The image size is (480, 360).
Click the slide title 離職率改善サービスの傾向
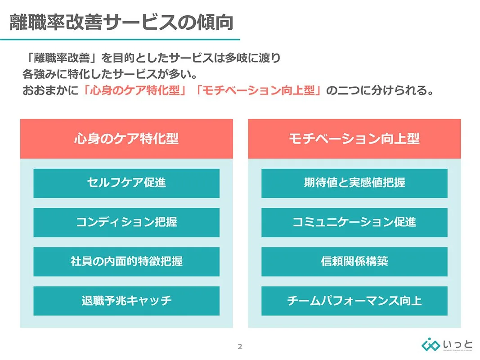(x=121, y=22)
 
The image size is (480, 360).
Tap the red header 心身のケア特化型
(x=126, y=139)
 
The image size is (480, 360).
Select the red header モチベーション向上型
(x=354, y=139)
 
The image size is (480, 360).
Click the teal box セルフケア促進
(x=126, y=183)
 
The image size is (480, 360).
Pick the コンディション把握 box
(x=126, y=222)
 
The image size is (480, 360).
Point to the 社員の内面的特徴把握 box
(x=126, y=261)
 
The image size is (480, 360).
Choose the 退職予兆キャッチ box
(x=126, y=301)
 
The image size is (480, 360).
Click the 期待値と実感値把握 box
(x=354, y=183)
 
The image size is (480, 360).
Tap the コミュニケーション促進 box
(x=354, y=222)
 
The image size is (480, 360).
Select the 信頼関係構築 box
(x=354, y=261)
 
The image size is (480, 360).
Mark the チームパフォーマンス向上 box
(x=354, y=301)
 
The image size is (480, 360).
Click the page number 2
(x=240, y=346)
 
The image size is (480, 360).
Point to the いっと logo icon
(x=431, y=345)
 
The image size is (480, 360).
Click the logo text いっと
(x=458, y=344)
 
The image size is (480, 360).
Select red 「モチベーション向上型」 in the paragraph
(x=258, y=90)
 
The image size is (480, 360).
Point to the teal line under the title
(x=120, y=40)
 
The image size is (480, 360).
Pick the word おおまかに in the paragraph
(x=50, y=90)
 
